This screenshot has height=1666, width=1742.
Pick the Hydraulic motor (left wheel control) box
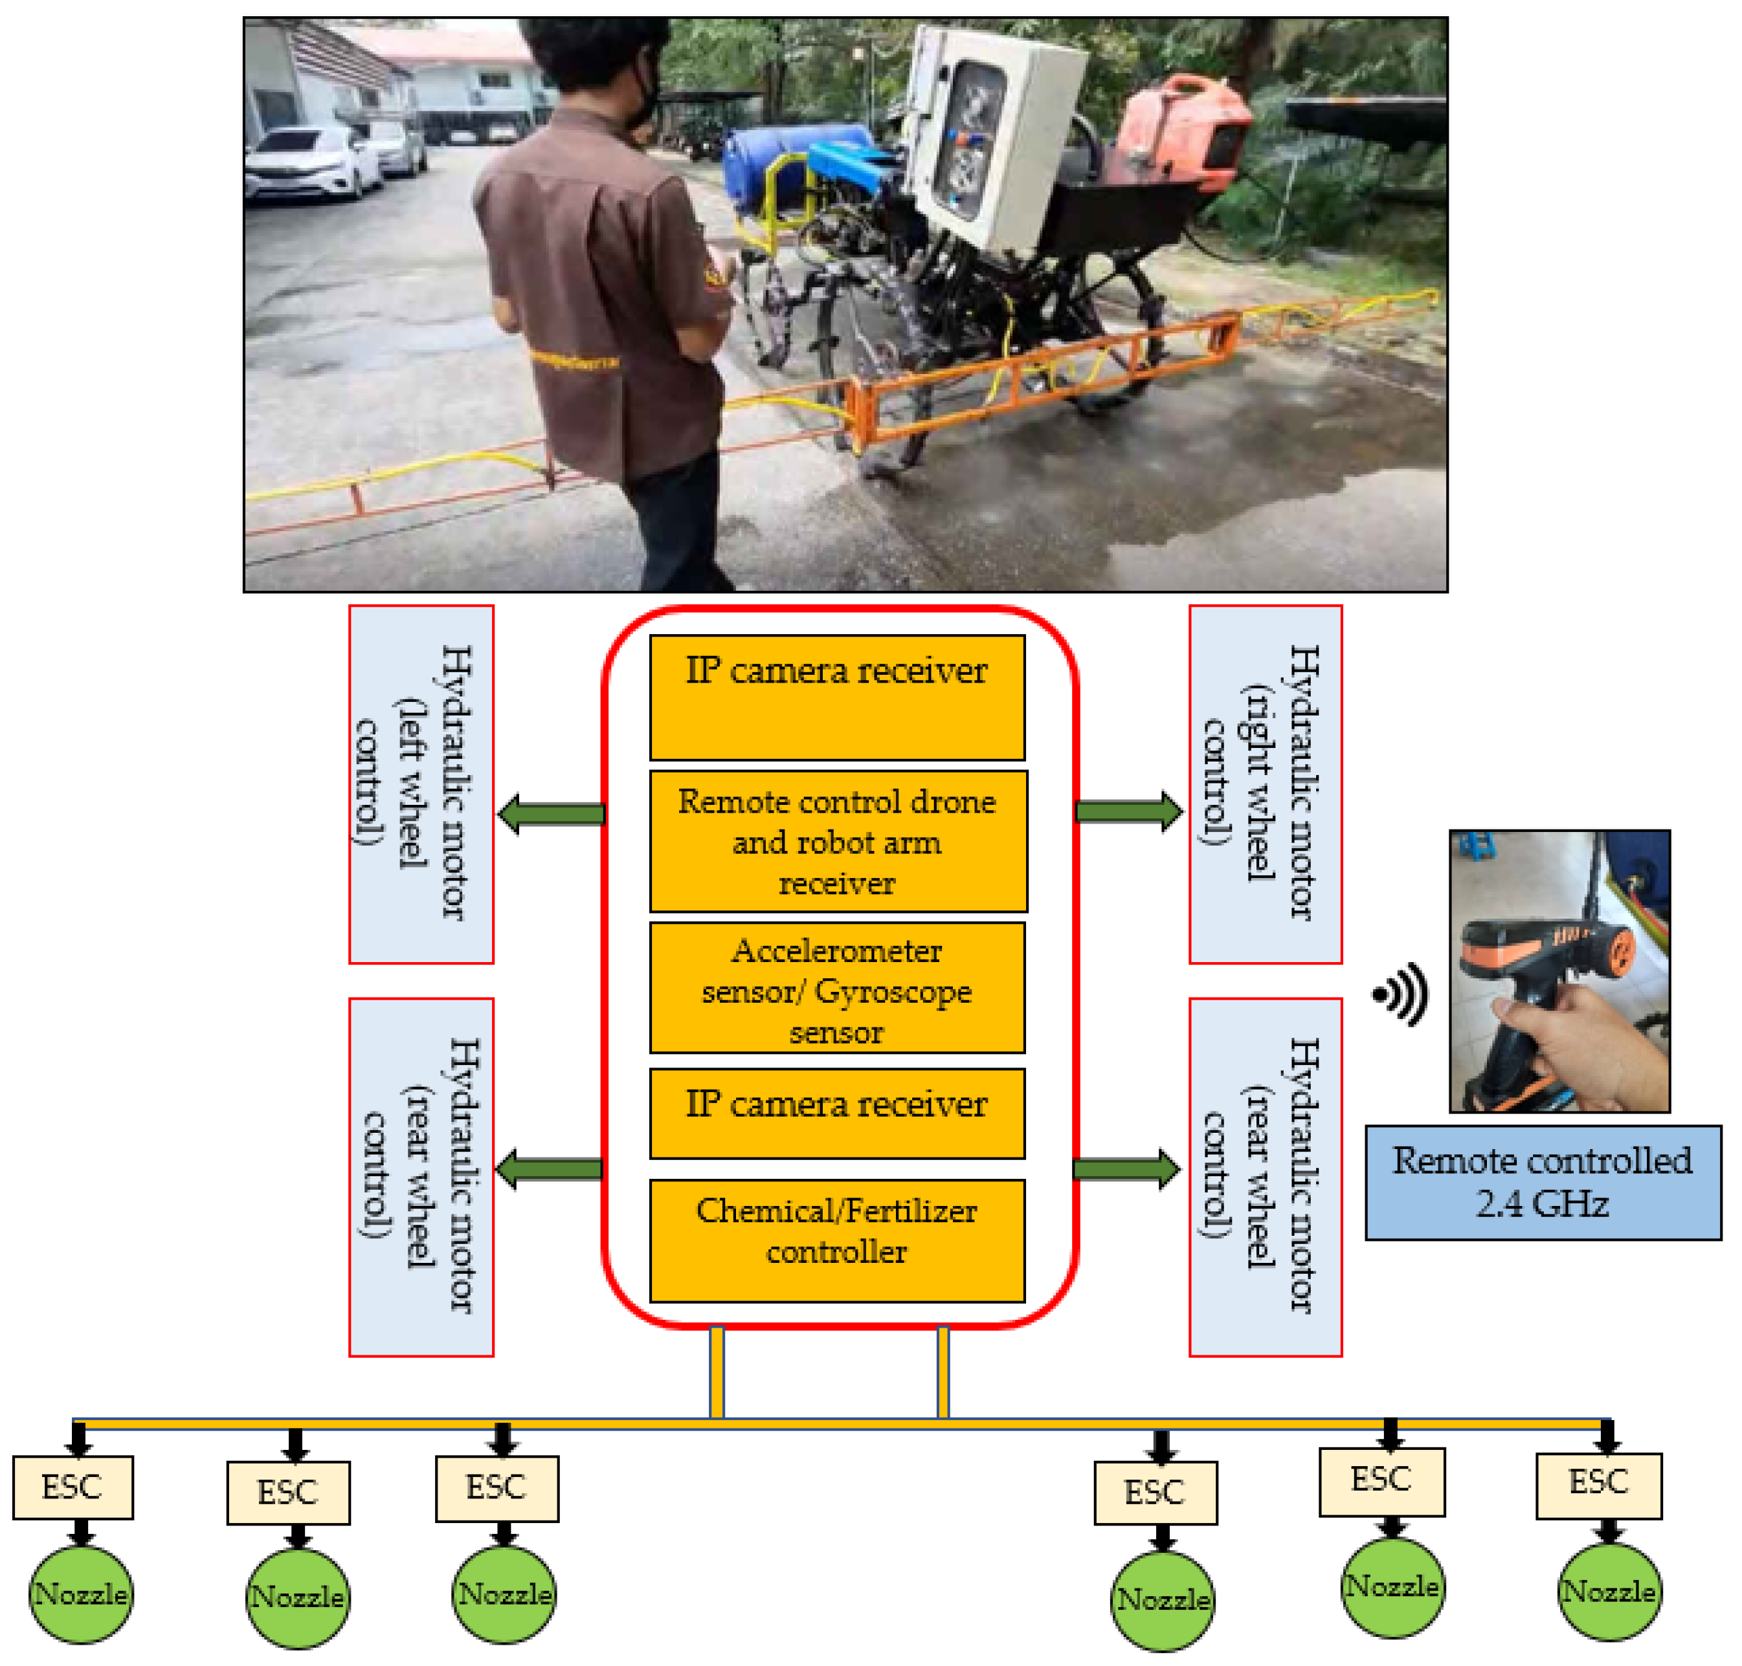(420, 784)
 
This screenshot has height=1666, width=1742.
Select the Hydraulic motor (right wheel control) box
(1264, 784)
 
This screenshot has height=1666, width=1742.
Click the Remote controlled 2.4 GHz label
(1542, 1181)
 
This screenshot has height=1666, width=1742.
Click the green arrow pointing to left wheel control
(552, 813)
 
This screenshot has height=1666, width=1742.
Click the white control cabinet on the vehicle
(995, 133)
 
